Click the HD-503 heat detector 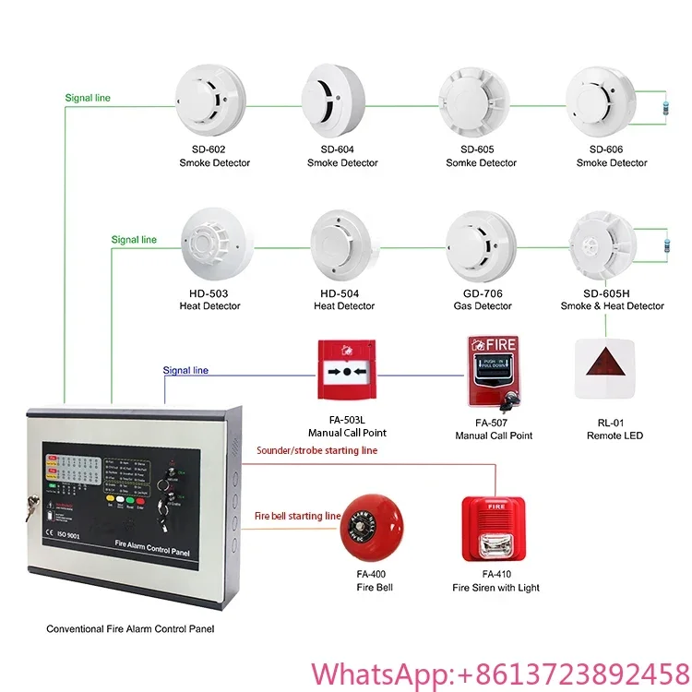pos(214,242)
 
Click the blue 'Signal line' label pos(185,371)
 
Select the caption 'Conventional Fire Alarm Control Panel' pos(134,629)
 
